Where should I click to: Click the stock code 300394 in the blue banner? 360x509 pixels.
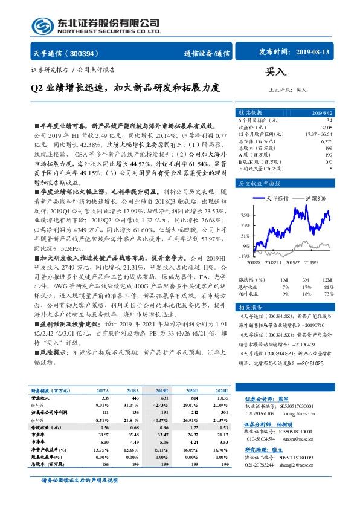(86, 53)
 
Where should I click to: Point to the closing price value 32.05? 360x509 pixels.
(327, 128)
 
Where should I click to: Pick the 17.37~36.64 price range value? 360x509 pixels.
(320, 134)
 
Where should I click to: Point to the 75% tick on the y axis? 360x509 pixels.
(245, 215)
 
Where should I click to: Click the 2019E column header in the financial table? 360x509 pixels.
(162, 375)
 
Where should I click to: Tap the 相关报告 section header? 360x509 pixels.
(250, 308)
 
